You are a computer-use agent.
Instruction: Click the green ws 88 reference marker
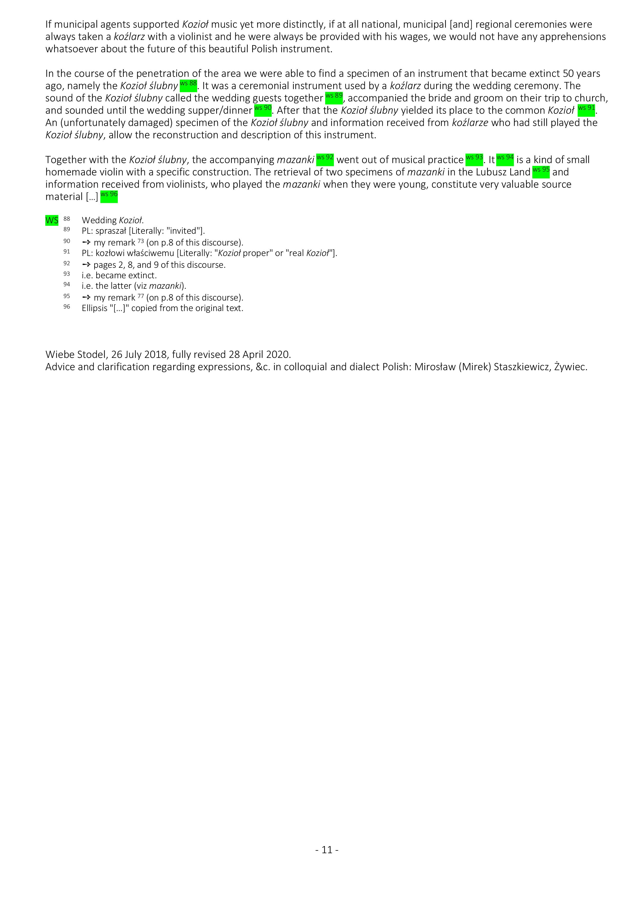click(188, 85)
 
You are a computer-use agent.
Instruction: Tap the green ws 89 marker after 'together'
click(334, 97)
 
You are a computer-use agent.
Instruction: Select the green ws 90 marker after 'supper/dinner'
click(262, 110)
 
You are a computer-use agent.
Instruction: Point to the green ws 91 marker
click(586, 110)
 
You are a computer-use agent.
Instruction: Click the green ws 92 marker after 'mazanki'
click(325, 159)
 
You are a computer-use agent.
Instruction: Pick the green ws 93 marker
click(474, 159)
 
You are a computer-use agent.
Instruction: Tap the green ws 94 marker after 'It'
click(505, 159)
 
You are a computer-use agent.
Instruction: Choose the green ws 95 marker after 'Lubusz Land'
click(541, 171)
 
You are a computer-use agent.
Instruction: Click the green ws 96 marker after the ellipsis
click(109, 196)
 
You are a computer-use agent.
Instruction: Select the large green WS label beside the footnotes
click(52, 220)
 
